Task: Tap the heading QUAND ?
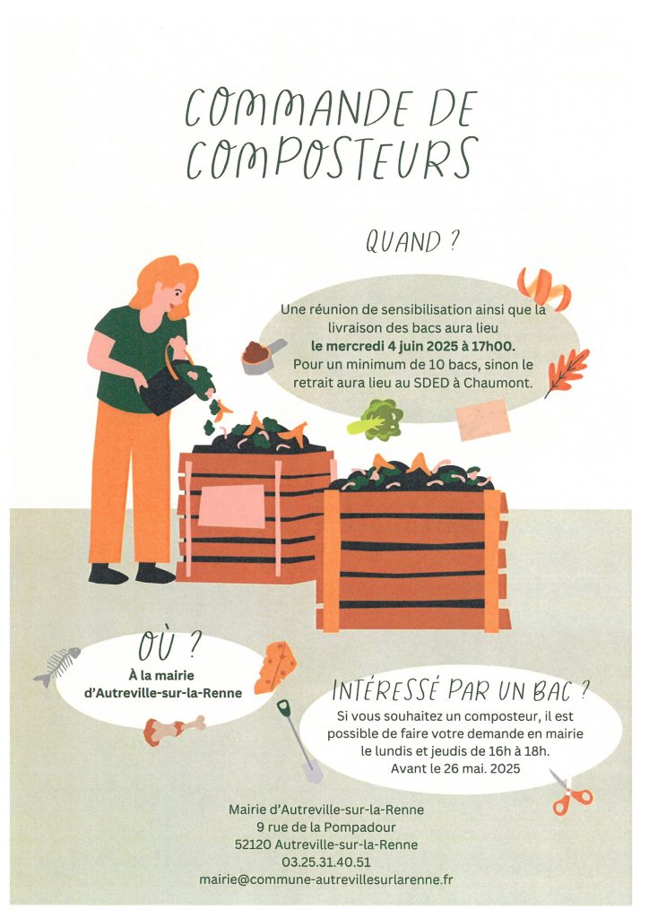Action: [x=411, y=241]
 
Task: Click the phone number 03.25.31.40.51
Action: [x=326, y=862]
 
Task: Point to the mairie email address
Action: [x=326, y=879]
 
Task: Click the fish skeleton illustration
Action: [x=56, y=666]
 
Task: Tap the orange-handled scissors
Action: [x=570, y=792]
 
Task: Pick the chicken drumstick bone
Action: [x=174, y=730]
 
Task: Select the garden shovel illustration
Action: [x=299, y=740]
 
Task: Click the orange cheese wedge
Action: [x=275, y=667]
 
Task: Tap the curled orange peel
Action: [x=544, y=289]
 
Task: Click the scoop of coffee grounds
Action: [x=262, y=355]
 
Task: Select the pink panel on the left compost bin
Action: [x=232, y=506]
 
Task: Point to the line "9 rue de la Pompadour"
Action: [x=326, y=827]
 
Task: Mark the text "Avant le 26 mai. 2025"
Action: [x=455, y=768]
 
